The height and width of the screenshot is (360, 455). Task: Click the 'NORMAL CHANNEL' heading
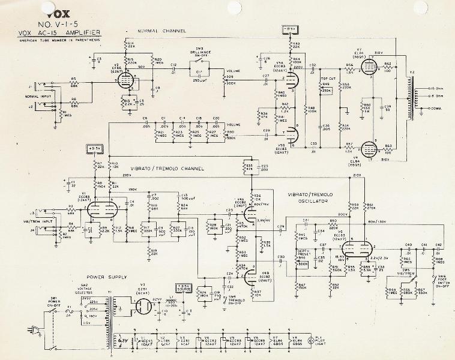point(161,31)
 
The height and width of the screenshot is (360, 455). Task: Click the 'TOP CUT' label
point(328,78)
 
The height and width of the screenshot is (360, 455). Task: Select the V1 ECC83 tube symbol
point(98,211)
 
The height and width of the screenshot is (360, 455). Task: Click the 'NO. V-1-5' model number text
point(61,23)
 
